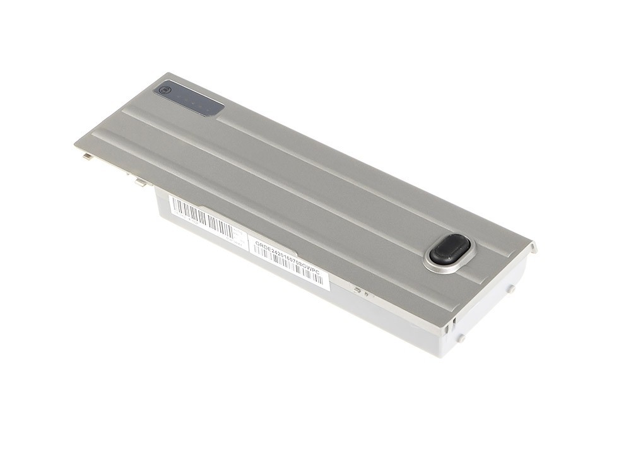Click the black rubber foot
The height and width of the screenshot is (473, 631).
point(450,249)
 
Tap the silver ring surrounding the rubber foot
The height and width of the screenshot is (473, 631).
point(435,266)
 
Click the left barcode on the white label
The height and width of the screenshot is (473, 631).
point(201,216)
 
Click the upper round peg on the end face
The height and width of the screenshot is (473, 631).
point(511,289)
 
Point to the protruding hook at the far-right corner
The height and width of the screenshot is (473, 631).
point(533,247)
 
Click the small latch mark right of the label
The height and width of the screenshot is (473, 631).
point(358,290)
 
